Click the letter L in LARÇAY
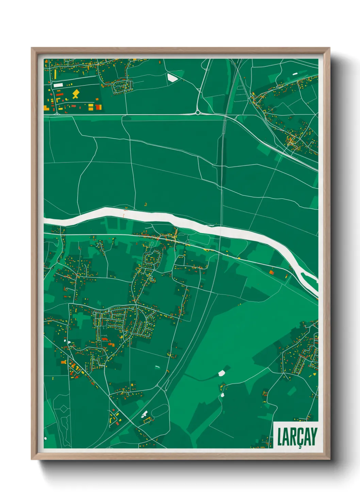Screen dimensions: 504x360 tap(280, 437)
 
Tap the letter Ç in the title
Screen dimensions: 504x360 tap(299, 437)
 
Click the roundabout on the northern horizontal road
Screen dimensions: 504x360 tap(197, 112)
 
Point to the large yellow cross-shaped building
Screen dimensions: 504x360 tap(76, 94)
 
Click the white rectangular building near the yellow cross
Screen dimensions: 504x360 tap(58, 85)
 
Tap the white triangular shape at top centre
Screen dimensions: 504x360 tap(172, 78)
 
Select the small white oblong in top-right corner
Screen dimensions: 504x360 tap(295, 73)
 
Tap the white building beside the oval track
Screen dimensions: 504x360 tap(144, 414)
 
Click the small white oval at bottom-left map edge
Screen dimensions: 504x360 tap(46, 438)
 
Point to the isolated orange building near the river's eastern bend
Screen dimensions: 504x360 tap(272, 272)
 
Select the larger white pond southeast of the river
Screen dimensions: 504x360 tap(222, 373)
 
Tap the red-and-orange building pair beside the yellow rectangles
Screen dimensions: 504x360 tap(98, 107)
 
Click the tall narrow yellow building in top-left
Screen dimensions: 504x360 tap(55, 74)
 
